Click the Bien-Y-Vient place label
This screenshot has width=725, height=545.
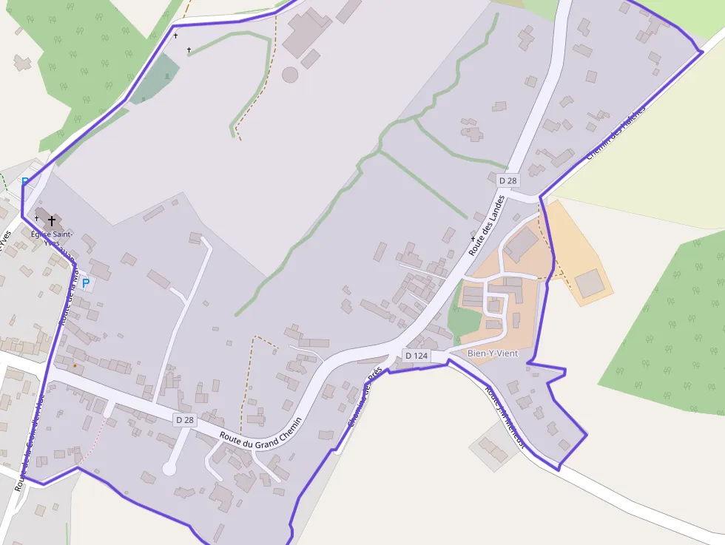[493, 353]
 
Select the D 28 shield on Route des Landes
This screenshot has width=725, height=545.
[507, 180]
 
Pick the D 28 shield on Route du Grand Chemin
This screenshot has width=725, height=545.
[184, 419]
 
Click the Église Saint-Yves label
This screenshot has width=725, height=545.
[52, 238]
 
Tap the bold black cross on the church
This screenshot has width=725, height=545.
[52, 220]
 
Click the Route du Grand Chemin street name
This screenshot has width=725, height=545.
[261, 431]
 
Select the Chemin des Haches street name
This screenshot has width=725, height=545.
[616, 132]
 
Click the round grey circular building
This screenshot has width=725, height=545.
[289, 75]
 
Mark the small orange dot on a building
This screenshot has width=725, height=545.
[75, 365]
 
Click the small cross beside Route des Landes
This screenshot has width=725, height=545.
[473, 240]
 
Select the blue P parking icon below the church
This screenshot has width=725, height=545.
[85, 283]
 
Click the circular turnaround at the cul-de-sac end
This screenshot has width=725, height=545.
[169, 468]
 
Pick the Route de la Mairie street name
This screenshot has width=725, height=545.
[67, 296]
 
